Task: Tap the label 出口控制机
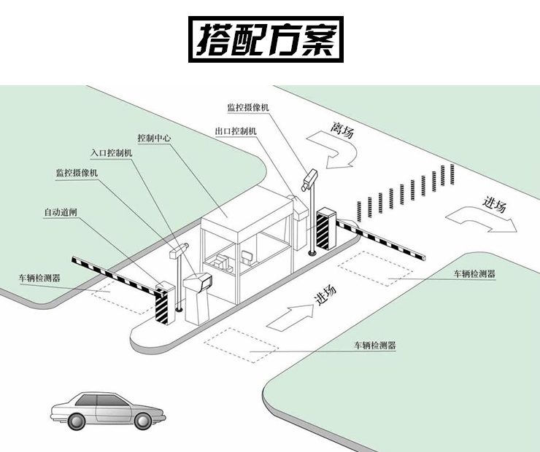click(236, 131)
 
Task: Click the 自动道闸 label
click(61, 213)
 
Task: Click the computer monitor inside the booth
click(248, 256)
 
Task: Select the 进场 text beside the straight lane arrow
click(325, 295)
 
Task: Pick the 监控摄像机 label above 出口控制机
click(248, 107)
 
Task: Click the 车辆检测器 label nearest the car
click(374, 345)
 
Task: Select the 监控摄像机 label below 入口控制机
click(77, 173)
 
